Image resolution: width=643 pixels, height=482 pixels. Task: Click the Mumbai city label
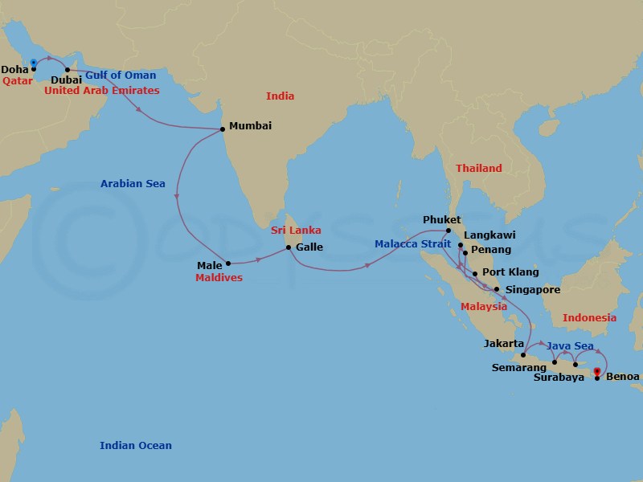pos(250,126)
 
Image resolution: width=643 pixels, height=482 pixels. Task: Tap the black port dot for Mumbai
pos(222,129)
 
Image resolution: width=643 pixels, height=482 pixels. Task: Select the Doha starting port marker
pos(33,63)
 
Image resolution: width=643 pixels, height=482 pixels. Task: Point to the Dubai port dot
pos(68,70)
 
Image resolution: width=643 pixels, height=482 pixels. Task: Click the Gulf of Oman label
pos(121,76)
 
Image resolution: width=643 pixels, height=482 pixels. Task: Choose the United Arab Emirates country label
pos(101,91)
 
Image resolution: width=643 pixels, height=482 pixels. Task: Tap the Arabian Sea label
pos(133,184)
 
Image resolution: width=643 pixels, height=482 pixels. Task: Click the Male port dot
pos(228,263)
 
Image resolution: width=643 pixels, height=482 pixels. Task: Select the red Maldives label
pos(219,278)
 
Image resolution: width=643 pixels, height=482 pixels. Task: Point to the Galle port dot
pos(289,247)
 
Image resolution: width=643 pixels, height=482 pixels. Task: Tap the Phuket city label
pos(441,219)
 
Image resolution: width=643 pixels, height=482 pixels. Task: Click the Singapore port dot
pos(496,289)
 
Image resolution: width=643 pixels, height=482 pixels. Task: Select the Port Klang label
pos(510,272)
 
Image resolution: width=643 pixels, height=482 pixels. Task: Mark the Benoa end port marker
pos(596,372)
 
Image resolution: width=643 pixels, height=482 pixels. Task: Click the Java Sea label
pos(571,346)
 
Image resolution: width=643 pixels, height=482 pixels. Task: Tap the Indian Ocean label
pos(136,446)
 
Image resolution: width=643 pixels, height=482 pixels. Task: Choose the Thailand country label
pos(478,169)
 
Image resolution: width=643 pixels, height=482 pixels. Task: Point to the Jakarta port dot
pos(523,355)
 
